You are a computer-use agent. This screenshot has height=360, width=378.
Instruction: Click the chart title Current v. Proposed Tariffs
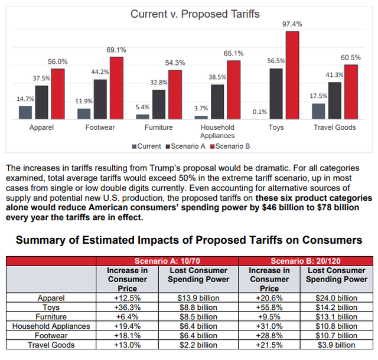(194, 14)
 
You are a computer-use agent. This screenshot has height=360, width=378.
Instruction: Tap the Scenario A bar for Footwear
(100, 99)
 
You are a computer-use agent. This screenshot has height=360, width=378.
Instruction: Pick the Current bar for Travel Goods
(318, 111)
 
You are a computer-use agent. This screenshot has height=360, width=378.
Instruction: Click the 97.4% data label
(292, 24)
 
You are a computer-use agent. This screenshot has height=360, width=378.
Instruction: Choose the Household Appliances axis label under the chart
(217, 131)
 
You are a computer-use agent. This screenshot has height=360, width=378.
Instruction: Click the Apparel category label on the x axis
(42, 127)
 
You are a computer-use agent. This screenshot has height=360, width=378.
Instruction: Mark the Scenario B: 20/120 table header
(306, 261)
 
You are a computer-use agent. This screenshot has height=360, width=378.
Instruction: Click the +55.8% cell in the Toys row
(269, 307)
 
